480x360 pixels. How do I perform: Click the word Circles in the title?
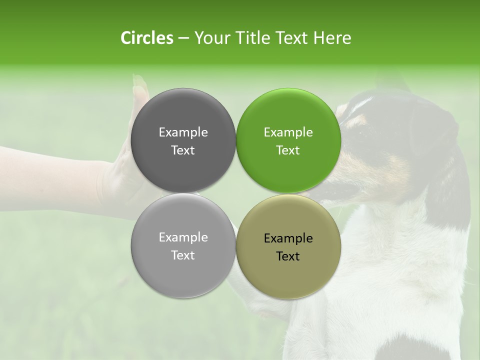tap(146, 38)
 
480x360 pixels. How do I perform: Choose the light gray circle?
tap(183, 270)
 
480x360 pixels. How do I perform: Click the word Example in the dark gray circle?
tap(183, 132)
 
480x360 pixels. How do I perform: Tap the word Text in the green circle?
tap(288, 150)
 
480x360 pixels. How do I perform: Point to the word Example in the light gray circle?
tap(183, 237)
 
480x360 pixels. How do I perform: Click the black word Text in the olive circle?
tap(288, 256)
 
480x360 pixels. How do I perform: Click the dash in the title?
tap(183, 38)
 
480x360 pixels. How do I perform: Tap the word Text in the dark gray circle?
tap(183, 150)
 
